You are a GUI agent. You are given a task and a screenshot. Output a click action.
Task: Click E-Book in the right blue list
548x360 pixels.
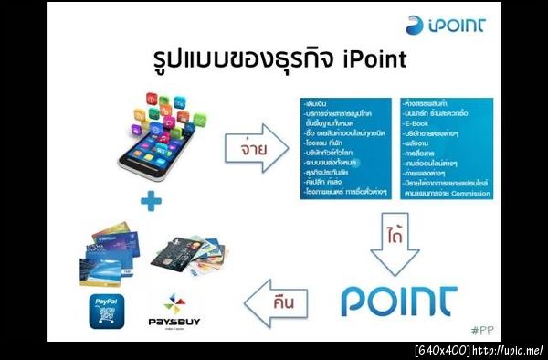pyautogui.click(x=419, y=132)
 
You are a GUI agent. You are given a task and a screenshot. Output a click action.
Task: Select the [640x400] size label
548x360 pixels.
pyautogui.click(x=442, y=351)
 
